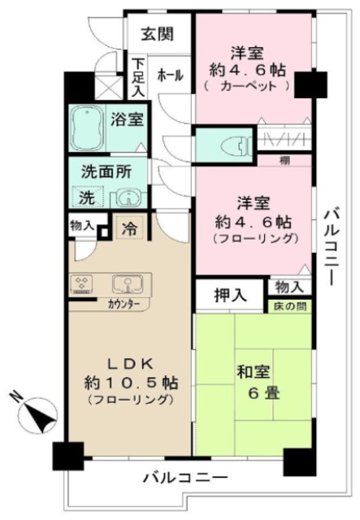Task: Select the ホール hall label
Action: coord(169,75)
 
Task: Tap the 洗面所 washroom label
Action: coord(102,172)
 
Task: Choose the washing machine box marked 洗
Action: coord(85,197)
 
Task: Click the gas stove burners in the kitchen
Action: coord(82,284)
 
